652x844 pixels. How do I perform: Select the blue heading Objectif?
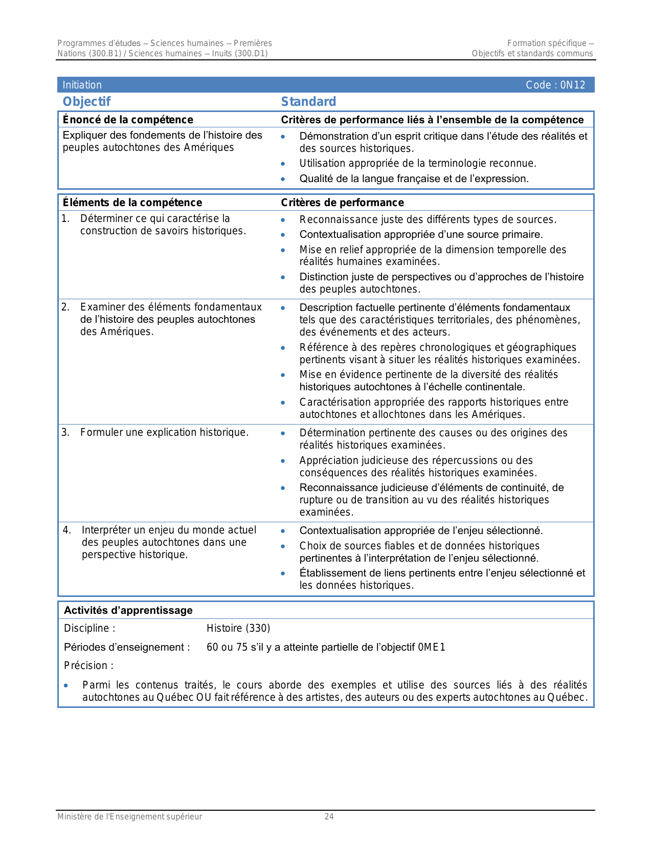pyautogui.click(x=86, y=101)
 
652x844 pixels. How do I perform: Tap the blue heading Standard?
pyautogui.click(x=308, y=101)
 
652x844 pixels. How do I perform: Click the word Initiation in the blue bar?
pyautogui.click(x=82, y=85)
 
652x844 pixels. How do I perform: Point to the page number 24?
pyautogui.click(x=329, y=817)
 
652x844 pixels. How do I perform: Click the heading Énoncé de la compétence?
pyautogui.click(x=128, y=120)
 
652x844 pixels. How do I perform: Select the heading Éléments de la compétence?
pyautogui.click(x=132, y=203)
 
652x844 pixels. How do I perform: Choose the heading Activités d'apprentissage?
pyautogui.click(x=128, y=610)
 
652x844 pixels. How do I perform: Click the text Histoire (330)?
pyautogui.click(x=238, y=628)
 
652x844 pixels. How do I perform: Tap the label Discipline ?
pyautogui.click(x=89, y=628)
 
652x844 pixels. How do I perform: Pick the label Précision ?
pyautogui.click(x=88, y=665)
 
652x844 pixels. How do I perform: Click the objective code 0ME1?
pyautogui.click(x=432, y=647)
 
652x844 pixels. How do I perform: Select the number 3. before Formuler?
pyautogui.click(x=65, y=432)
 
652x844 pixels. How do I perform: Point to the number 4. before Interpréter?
pyautogui.click(x=66, y=530)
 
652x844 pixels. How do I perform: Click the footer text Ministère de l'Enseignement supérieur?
pyautogui.click(x=129, y=817)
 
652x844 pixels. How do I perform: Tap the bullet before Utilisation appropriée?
pyautogui.click(x=283, y=164)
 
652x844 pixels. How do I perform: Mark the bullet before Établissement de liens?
pyautogui.click(x=283, y=573)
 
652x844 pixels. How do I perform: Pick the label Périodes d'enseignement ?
pyautogui.click(x=127, y=647)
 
